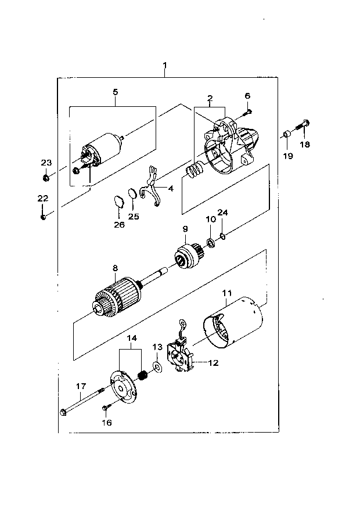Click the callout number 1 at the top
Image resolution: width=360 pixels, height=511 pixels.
coord(165,65)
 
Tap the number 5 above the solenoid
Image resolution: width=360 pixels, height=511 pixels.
coord(116,92)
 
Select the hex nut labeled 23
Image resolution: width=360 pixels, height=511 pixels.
coord(46,178)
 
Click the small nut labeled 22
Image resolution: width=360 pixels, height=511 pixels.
coord(43,217)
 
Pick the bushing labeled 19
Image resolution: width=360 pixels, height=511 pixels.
coord(286,134)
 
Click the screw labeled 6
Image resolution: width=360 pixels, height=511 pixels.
coord(247,113)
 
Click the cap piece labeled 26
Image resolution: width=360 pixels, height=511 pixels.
coord(119,201)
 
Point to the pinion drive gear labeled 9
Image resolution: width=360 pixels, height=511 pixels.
coord(189,256)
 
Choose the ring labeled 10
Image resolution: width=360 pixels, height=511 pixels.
coord(210,243)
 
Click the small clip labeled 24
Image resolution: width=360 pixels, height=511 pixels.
coord(222,236)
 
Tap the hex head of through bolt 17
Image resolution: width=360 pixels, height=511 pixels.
coord(63,412)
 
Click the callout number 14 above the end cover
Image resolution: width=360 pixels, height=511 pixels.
coord(132,338)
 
